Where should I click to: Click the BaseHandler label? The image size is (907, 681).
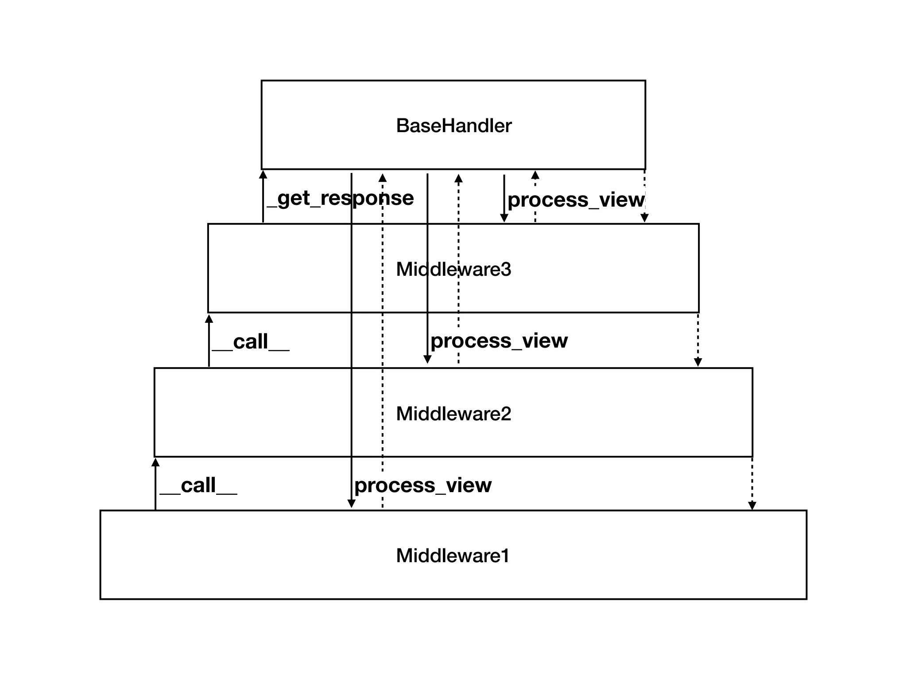[453, 126]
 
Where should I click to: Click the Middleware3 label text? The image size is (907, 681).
[453, 270]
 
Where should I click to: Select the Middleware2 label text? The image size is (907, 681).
[453, 414]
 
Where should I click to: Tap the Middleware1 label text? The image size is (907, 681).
[453, 556]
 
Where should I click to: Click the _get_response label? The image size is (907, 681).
[340, 198]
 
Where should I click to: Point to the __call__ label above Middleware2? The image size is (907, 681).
[251, 342]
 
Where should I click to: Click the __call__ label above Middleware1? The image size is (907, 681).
[198, 485]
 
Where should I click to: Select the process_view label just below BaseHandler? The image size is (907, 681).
[576, 200]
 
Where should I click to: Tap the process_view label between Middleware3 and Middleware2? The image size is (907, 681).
[499, 341]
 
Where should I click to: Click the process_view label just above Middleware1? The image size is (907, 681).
[423, 485]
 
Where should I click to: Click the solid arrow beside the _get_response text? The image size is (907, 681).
[263, 197]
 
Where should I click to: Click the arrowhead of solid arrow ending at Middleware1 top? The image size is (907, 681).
[351, 504]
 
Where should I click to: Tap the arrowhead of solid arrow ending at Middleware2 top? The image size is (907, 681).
[427, 359]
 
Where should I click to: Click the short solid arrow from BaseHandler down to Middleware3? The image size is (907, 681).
[504, 198]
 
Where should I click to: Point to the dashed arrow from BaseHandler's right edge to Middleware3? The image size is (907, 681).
[645, 196]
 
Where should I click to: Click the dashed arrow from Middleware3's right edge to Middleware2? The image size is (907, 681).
[698, 340]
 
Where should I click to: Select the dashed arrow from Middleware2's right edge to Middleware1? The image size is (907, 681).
[752, 484]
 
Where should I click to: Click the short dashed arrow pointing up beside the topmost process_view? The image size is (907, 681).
[535, 197]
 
